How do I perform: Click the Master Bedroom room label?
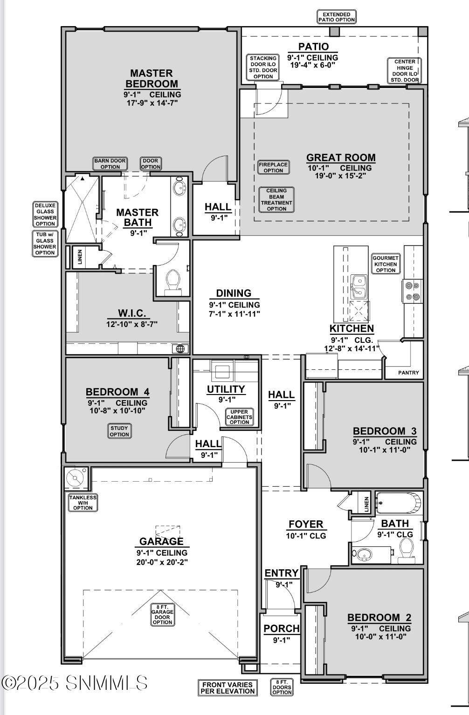point(152,79)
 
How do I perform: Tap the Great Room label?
point(341,158)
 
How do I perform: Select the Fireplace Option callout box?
point(274,168)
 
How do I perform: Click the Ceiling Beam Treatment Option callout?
point(276,200)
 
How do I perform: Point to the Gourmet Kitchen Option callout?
point(386,264)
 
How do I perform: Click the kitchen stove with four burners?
point(412,291)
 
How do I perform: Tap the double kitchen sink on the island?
point(359,286)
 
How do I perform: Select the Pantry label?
point(408,373)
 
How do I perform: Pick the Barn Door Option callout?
point(110,164)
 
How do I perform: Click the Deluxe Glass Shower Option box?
point(45,214)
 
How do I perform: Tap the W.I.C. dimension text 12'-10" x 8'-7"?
point(132,324)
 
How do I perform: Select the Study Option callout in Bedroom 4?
point(119,431)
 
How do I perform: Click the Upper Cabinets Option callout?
point(239,417)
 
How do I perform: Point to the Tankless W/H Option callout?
point(83,503)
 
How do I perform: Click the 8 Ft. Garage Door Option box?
point(162,614)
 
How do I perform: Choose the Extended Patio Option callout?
point(337,17)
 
